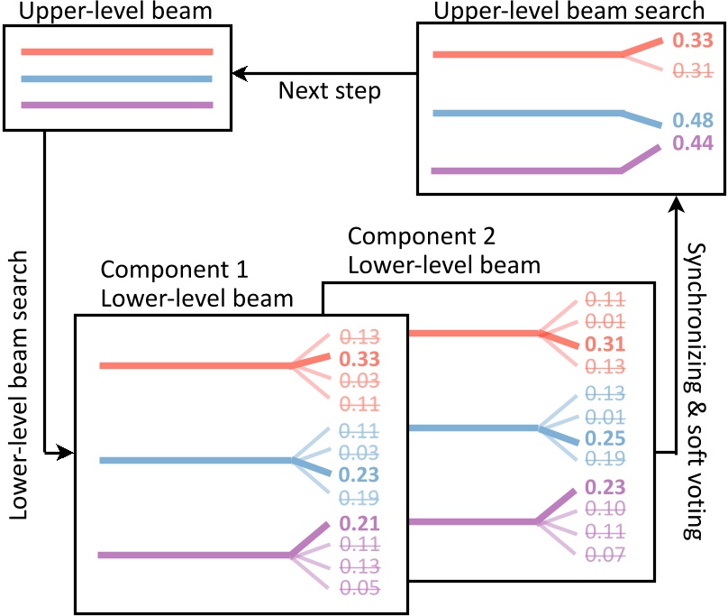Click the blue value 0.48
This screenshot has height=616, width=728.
click(693, 120)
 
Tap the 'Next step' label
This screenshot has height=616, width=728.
click(329, 91)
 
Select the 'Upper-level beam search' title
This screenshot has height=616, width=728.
click(569, 11)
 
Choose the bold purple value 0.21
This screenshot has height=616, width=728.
click(360, 523)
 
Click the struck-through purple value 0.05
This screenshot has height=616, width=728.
click(360, 588)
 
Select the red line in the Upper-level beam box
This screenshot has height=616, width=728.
click(116, 52)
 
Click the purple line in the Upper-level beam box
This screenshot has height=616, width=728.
click(116, 106)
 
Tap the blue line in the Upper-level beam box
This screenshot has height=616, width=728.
click(116, 79)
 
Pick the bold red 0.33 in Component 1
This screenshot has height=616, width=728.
click(360, 359)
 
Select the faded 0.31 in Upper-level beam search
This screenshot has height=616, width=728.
click(693, 69)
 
